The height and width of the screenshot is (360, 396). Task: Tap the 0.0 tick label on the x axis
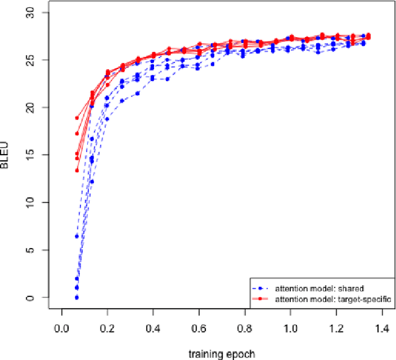click(61, 328)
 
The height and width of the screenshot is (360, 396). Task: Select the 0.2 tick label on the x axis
click(107, 328)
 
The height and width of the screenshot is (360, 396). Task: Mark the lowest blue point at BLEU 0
click(77, 298)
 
